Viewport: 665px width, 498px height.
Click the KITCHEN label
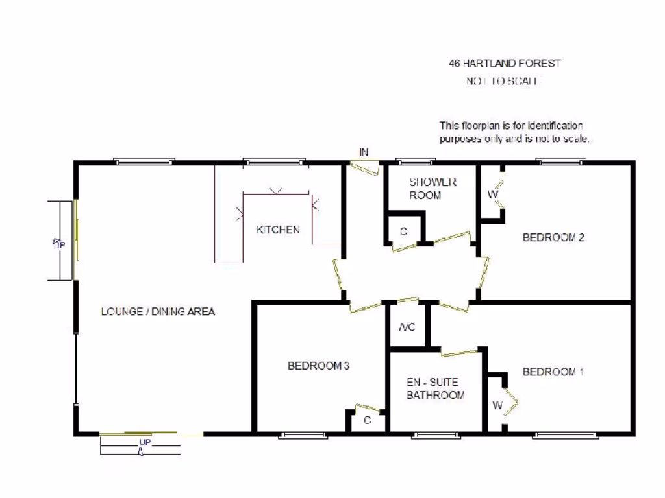click(278, 230)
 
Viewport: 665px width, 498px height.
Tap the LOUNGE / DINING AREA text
click(158, 311)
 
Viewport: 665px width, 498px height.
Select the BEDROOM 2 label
click(553, 237)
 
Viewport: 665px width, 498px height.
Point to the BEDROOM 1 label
click(553, 372)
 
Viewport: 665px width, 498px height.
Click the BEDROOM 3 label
click(319, 366)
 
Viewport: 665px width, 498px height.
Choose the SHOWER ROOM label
click(433, 188)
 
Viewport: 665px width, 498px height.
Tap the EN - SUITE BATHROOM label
click(435, 388)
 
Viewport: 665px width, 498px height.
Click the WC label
click(407, 327)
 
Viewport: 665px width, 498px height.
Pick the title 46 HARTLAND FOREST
click(505, 64)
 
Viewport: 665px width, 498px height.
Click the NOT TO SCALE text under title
click(503, 81)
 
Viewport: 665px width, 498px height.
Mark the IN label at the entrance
click(364, 152)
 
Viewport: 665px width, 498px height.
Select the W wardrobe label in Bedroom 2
click(492, 194)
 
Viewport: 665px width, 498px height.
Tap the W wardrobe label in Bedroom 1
click(497, 406)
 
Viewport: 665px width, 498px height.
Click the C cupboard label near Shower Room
click(403, 231)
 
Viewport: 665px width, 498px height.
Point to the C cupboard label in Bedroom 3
click(367, 420)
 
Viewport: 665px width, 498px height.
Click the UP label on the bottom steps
click(144, 443)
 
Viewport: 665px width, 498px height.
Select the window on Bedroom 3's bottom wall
click(303, 435)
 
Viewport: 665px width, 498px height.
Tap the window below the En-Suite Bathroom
click(435, 435)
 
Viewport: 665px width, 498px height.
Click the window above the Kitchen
click(274, 161)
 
